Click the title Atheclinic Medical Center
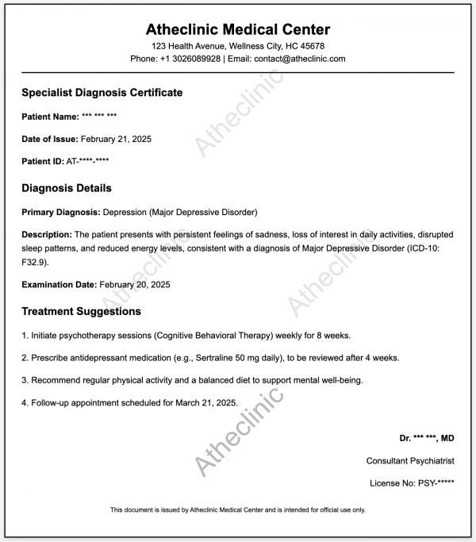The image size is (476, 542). [x=238, y=30]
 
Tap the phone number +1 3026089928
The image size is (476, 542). [x=189, y=59]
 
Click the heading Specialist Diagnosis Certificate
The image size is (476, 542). [x=102, y=93]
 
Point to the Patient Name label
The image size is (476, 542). [x=50, y=117]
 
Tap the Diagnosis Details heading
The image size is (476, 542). [x=67, y=189]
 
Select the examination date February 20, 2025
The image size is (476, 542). [x=135, y=284]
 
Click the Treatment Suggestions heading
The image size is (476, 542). [x=82, y=311]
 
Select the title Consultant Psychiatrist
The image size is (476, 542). [x=410, y=460]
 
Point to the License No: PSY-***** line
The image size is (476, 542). [x=412, y=482]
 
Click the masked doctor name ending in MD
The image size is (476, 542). [x=427, y=438]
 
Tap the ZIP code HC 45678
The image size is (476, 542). [x=300, y=46]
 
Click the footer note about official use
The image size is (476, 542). [x=238, y=509]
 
